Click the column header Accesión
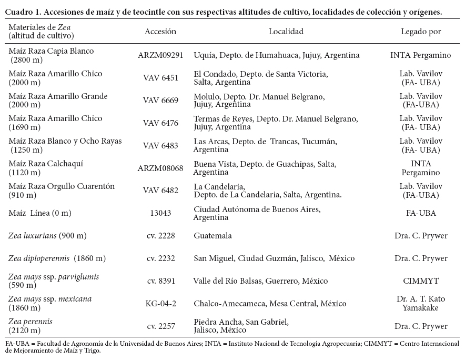[x=160, y=32]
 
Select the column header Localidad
[x=286, y=32]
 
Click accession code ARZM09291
[x=160, y=55]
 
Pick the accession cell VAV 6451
[x=160, y=78]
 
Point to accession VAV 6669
[x=160, y=101]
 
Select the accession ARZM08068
[x=160, y=168]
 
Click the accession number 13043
[x=160, y=213]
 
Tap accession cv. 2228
[x=160, y=236]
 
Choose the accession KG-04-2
[x=160, y=304]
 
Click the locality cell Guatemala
[x=213, y=236]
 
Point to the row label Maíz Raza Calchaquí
[x=46, y=164]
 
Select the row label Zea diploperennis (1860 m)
[x=57, y=258]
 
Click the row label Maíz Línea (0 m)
[x=40, y=213]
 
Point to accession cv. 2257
[x=160, y=326]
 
